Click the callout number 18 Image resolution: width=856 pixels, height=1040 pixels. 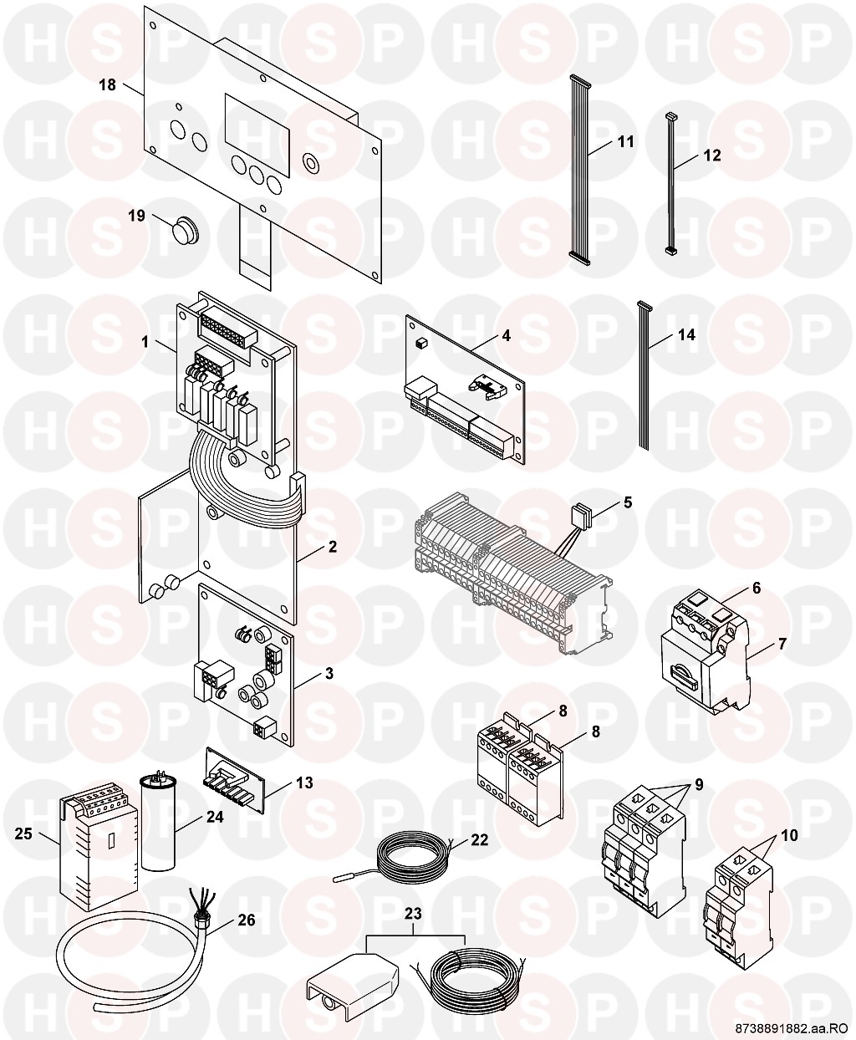click(108, 84)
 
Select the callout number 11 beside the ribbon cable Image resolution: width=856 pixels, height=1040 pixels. click(626, 142)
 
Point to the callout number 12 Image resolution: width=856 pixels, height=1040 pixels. click(712, 155)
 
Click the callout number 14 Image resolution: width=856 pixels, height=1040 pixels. click(686, 335)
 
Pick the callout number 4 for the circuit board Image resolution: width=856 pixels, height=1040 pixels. click(507, 336)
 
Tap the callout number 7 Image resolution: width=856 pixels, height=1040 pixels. click(782, 644)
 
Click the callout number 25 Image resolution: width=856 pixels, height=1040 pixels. click(23, 834)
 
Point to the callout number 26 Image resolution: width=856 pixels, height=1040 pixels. click(247, 920)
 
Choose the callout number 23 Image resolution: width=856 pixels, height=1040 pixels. click(413, 914)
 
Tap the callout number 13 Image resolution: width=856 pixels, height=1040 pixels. click(305, 783)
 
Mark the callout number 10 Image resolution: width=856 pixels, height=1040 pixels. click(789, 835)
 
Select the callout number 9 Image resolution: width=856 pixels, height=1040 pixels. click(699, 784)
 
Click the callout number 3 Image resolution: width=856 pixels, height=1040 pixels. click(329, 673)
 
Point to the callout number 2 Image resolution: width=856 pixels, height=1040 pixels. click(333, 547)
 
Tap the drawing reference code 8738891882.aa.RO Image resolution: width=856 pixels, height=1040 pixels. click(792, 1028)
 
